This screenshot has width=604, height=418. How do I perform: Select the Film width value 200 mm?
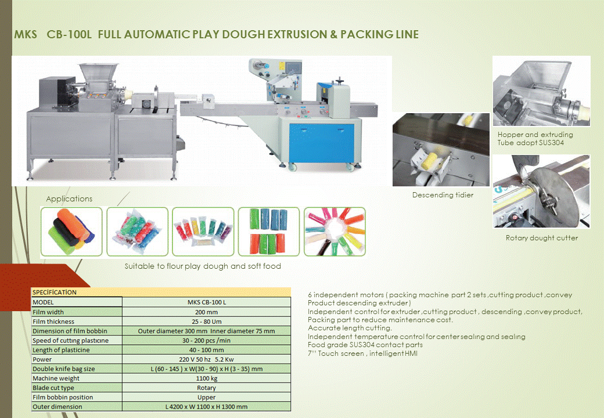coord(206,312)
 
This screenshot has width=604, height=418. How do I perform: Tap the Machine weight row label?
coord(53,378)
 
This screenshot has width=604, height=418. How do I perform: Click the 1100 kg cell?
coord(206,378)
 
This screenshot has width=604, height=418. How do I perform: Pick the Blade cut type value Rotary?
coord(206,388)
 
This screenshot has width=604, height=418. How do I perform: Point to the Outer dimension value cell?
coord(206,406)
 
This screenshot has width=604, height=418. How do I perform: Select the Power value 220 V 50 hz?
coord(206,359)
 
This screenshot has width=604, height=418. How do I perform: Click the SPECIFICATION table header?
coord(54,293)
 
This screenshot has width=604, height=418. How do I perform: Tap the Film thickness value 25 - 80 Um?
coord(206,322)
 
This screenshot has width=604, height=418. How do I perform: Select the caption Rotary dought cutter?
coord(541,238)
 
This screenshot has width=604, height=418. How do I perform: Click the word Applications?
coord(69,199)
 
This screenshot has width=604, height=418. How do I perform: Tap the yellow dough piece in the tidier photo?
coord(435,158)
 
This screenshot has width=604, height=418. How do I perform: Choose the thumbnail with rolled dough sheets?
coord(71,232)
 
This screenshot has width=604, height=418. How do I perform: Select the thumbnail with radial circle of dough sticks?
coord(335,232)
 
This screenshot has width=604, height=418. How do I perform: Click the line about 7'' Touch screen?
coord(362,354)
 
